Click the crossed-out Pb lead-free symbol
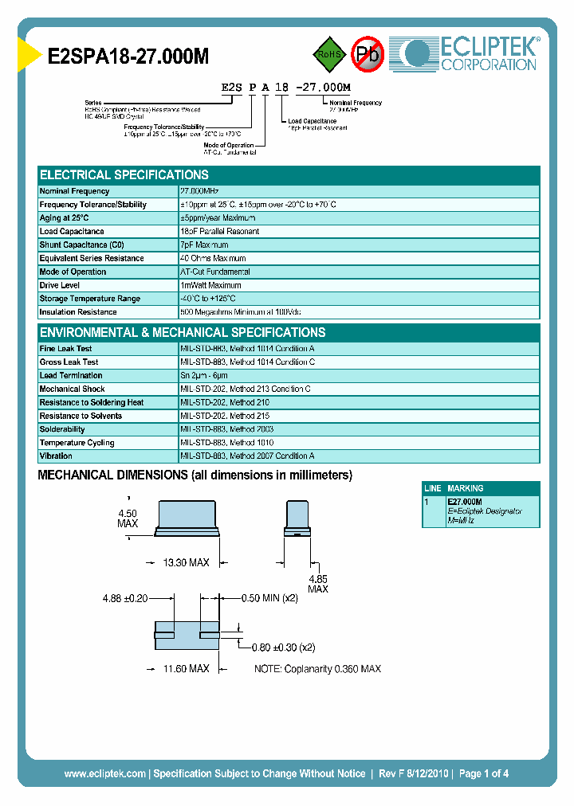click(x=368, y=54)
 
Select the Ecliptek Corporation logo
click(x=470, y=53)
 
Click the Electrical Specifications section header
click(x=124, y=175)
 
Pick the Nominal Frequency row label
click(x=74, y=191)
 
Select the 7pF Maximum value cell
click(x=204, y=245)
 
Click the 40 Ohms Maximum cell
click(x=213, y=259)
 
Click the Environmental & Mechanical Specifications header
click(x=183, y=333)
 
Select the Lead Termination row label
click(x=71, y=375)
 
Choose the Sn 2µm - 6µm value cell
click(x=204, y=375)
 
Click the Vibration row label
click(x=56, y=456)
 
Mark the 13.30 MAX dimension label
click(x=186, y=562)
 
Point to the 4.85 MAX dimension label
click(x=318, y=584)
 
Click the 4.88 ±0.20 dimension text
click(x=125, y=598)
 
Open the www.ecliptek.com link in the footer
click(x=104, y=773)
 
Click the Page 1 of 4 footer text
click(x=484, y=773)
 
